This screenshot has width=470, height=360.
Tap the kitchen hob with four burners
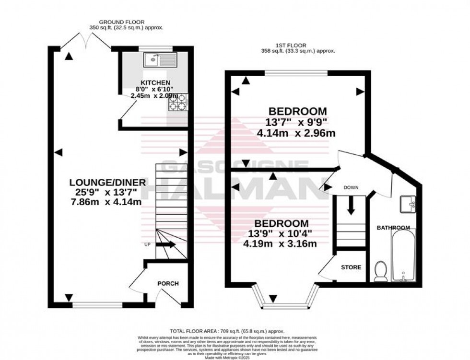pos(179,102)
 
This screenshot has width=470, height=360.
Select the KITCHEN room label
pos(153,82)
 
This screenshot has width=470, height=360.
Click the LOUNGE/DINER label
pos(103,182)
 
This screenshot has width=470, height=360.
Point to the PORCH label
pos(168,284)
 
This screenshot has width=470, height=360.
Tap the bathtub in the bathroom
pos(405,256)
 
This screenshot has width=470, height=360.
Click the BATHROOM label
pos(393,228)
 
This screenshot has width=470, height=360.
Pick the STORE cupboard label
pos(351,267)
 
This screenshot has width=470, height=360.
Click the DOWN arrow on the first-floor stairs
pos(351,205)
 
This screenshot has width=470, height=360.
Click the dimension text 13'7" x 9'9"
pos(298,122)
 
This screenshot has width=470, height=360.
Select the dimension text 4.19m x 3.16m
pos(281,244)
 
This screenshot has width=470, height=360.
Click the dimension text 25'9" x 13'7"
pos(103,192)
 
